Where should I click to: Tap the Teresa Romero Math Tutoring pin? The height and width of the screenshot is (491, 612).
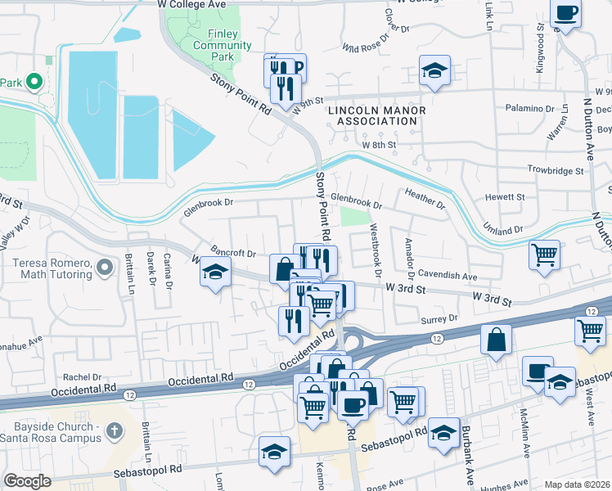pyautogui.click(x=104, y=268)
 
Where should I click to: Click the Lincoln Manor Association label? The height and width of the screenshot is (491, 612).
pyautogui.click(x=372, y=115)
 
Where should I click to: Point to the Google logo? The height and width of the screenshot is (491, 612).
pyautogui.click(x=27, y=481)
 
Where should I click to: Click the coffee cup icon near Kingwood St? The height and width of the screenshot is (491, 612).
pyautogui.click(x=566, y=13)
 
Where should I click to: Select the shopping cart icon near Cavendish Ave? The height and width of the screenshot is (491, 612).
pyautogui.click(x=543, y=255)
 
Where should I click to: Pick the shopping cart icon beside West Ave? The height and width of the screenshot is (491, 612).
pyautogui.click(x=590, y=330)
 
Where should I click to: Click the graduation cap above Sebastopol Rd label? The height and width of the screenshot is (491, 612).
pyautogui.click(x=275, y=450)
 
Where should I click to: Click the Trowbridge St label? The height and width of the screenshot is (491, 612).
pyautogui.click(x=556, y=171)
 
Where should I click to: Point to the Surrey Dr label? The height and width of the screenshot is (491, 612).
pyautogui.click(x=439, y=319)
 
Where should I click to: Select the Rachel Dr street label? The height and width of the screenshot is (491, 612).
pyautogui.click(x=82, y=377)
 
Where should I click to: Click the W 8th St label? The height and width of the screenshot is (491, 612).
pyautogui.click(x=379, y=144)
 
